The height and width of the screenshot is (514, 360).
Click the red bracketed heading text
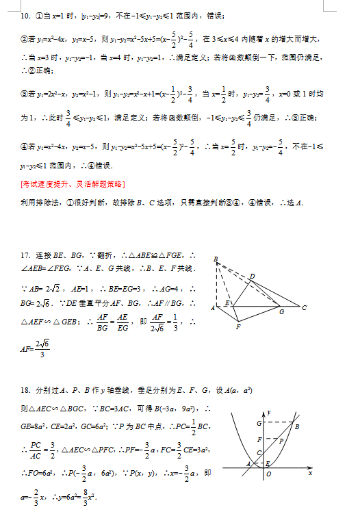(x=73, y=185)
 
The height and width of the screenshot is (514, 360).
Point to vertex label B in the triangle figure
(x=216, y=259)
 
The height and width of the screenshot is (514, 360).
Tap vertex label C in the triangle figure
(x=304, y=307)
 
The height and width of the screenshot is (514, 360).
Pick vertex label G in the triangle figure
(x=281, y=312)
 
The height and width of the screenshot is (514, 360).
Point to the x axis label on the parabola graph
(x=310, y=472)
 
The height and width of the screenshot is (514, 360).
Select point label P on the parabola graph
(x=281, y=441)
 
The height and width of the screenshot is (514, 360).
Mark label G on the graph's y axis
(x=259, y=424)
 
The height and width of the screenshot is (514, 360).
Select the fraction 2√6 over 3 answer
(x=42, y=350)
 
